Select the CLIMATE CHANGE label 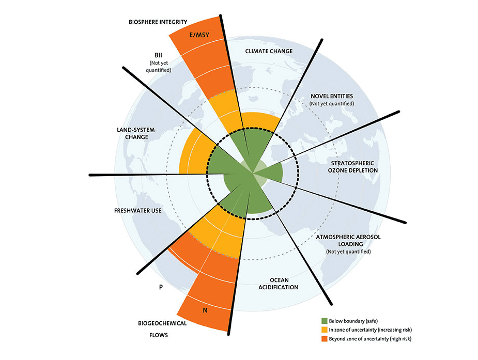click(269, 51)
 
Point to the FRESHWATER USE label click(135, 210)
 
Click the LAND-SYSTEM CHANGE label click(129, 133)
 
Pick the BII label click(158, 54)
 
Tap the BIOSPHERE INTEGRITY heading click(158, 22)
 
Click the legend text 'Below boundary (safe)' click(357, 321)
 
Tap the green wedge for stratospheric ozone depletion click(272, 172)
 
